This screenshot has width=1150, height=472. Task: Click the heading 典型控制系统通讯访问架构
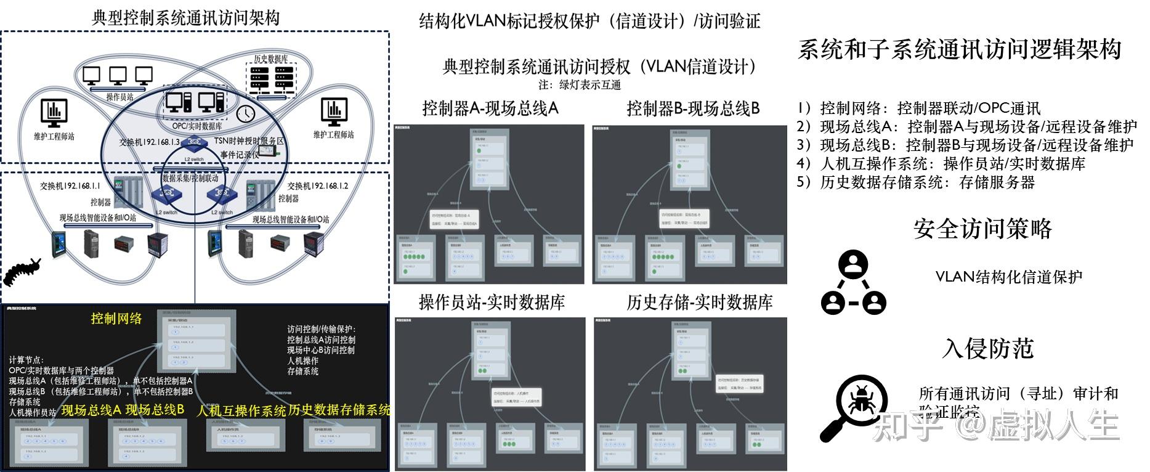click(185, 17)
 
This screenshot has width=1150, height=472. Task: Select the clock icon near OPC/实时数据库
click(245, 113)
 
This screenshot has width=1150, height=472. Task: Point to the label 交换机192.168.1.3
click(150, 142)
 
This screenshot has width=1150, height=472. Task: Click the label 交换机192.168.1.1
click(70, 185)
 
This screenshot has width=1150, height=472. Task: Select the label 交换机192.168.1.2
click(318, 185)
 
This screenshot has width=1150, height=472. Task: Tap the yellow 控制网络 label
click(116, 319)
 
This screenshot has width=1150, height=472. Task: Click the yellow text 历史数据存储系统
click(339, 410)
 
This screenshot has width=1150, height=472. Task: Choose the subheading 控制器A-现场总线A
click(490, 108)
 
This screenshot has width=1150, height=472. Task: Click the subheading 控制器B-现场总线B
click(693, 108)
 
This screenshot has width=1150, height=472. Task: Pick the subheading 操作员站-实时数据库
click(492, 302)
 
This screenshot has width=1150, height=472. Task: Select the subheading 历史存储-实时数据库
click(700, 302)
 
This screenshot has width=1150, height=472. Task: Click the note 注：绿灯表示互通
click(580, 85)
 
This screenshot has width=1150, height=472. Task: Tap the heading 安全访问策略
click(982, 229)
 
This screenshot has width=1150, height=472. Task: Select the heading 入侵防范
click(987, 348)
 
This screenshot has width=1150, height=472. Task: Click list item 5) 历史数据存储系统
click(915, 182)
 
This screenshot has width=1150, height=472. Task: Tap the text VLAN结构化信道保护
click(1008, 277)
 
